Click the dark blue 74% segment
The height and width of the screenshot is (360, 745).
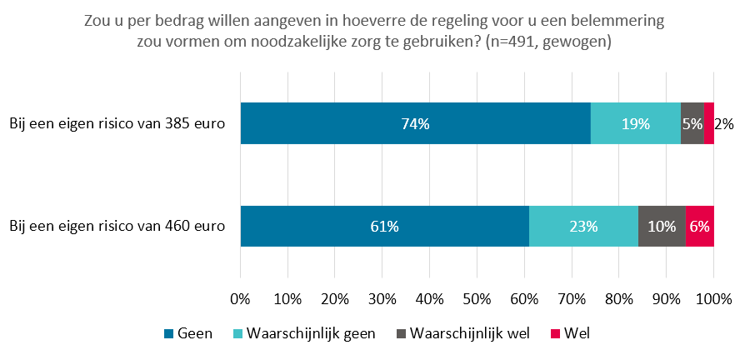click(416, 123)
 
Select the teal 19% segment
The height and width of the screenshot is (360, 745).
click(636, 123)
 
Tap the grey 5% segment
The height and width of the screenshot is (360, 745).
click(692, 123)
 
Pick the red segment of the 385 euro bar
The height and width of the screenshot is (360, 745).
click(709, 123)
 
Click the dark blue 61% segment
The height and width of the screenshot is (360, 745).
click(385, 226)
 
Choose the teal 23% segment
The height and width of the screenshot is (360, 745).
click(584, 226)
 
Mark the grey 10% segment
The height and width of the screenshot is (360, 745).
click(662, 226)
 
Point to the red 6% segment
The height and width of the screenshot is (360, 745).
click(700, 226)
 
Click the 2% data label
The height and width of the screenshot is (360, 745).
click(724, 124)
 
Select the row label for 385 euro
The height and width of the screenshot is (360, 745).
click(117, 124)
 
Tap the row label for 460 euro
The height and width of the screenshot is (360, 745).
click(117, 227)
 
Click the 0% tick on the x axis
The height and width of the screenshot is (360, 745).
click(240, 299)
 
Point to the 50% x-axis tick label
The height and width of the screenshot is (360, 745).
click(477, 299)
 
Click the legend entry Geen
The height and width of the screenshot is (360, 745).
click(188, 334)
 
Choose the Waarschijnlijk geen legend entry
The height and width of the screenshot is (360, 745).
click(304, 334)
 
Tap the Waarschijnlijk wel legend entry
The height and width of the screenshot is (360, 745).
click(463, 334)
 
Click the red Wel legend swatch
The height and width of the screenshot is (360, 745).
click(556, 334)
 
